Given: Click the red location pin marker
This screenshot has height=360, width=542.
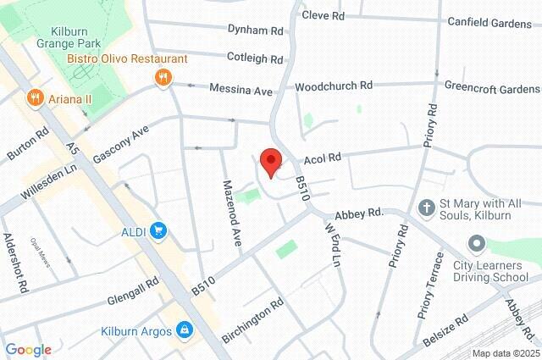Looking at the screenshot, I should [x=270, y=162].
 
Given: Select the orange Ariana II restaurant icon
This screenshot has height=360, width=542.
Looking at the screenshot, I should [x=35, y=97].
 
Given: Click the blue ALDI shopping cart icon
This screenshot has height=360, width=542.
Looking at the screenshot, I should [x=157, y=230].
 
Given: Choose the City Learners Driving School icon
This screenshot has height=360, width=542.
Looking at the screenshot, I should [x=475, y=246].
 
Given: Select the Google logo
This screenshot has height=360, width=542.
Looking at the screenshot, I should [x=28, y=350].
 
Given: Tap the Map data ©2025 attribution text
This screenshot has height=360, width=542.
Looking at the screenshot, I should [x=506, y=353].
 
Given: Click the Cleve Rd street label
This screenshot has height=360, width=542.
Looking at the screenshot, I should [x=324, y=15].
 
